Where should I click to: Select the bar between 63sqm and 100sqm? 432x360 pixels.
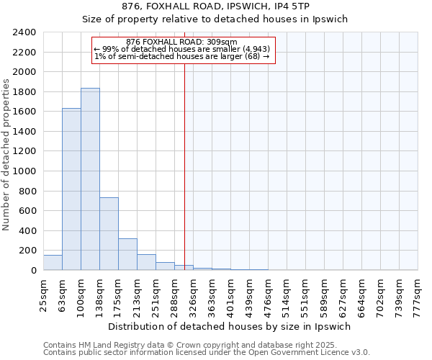tap(71, 189)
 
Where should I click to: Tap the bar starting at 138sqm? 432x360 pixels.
tap(109, 233)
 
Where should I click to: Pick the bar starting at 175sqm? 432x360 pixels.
tap(127, 254)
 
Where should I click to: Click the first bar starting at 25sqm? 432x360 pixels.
tap(53, 263)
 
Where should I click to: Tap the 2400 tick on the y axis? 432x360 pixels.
tap(24, 32)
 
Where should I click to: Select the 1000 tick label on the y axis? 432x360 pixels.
tap(24, 171)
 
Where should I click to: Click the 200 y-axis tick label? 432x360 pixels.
tap(27, 251)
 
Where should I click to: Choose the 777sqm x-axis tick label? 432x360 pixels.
tap(418, 295)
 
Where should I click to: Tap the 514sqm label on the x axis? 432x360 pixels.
tap(287, 295)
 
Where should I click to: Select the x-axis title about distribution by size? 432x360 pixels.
tap(230, 326)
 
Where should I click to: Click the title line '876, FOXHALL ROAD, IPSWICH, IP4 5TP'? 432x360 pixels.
tap(215, 6)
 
